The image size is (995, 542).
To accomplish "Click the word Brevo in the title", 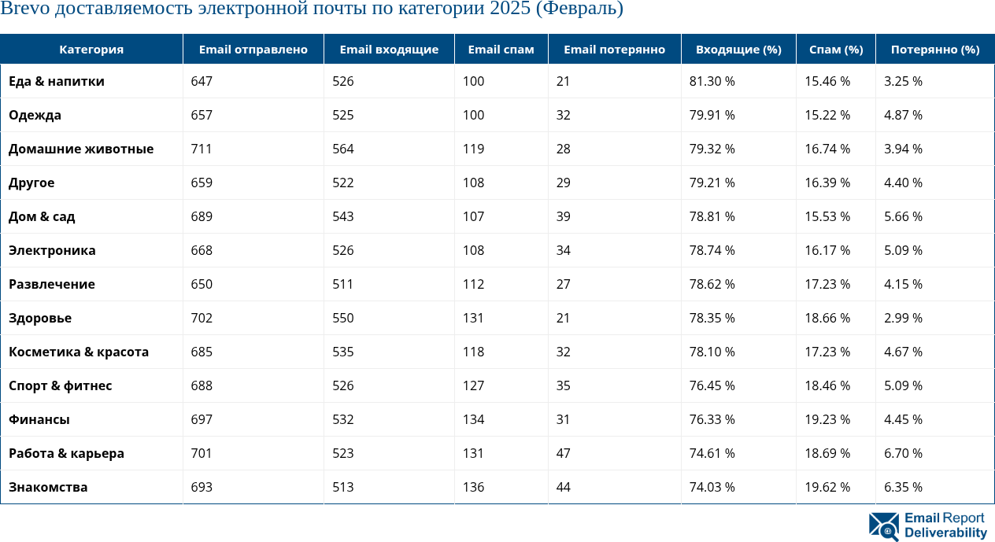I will click(x=26, y=9).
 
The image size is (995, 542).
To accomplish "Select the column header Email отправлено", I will click(x=253, y=50).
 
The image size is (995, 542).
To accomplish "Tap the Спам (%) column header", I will click(x=835, y=50).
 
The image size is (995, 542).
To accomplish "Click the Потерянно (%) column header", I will click(x=934, y=50).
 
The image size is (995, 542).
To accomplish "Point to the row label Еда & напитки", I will click(x=57, y=81).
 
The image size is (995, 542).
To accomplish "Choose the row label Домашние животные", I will click(x=81, y=149).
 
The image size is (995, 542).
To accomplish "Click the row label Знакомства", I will click(x=48, y=487).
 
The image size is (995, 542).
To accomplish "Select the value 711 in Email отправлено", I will click(x=202, y=149).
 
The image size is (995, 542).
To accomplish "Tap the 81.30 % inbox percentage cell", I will click(x=712, y=81).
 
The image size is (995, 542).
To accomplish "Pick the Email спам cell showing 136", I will click(x=473, y=487).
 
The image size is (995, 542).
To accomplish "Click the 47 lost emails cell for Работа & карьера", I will click(x=563, y=453).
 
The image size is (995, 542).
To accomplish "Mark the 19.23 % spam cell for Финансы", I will click(x=827, y=419).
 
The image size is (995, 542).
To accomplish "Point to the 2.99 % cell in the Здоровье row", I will click(x=903, y=318).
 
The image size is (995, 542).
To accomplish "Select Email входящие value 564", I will click(x=342, y=149).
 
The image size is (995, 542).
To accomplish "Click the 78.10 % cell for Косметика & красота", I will click(x=712, y=352).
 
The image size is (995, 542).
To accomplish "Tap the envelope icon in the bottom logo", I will click(x=883, y=526).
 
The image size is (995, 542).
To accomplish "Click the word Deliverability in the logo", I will click(x=945, y=533).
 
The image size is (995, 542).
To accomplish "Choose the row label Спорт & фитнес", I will click(x=61, y=385).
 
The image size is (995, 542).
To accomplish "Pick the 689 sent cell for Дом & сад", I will click(x=202, y=216).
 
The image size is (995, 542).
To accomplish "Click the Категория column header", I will click(x=91, y=50).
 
